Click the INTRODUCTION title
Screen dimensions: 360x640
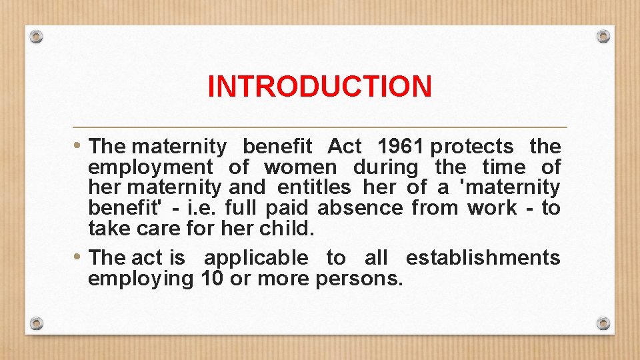320,87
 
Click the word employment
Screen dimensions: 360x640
151,167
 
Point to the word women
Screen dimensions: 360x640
300,167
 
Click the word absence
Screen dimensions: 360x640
360,208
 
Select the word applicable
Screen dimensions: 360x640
256,257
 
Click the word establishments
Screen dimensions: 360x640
483,257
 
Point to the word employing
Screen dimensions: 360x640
140,278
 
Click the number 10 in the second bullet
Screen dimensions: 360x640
211,278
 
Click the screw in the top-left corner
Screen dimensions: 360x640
37,36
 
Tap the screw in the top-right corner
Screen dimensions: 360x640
603,36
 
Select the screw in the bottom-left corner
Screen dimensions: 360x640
37,323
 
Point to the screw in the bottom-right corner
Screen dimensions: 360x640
603,323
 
